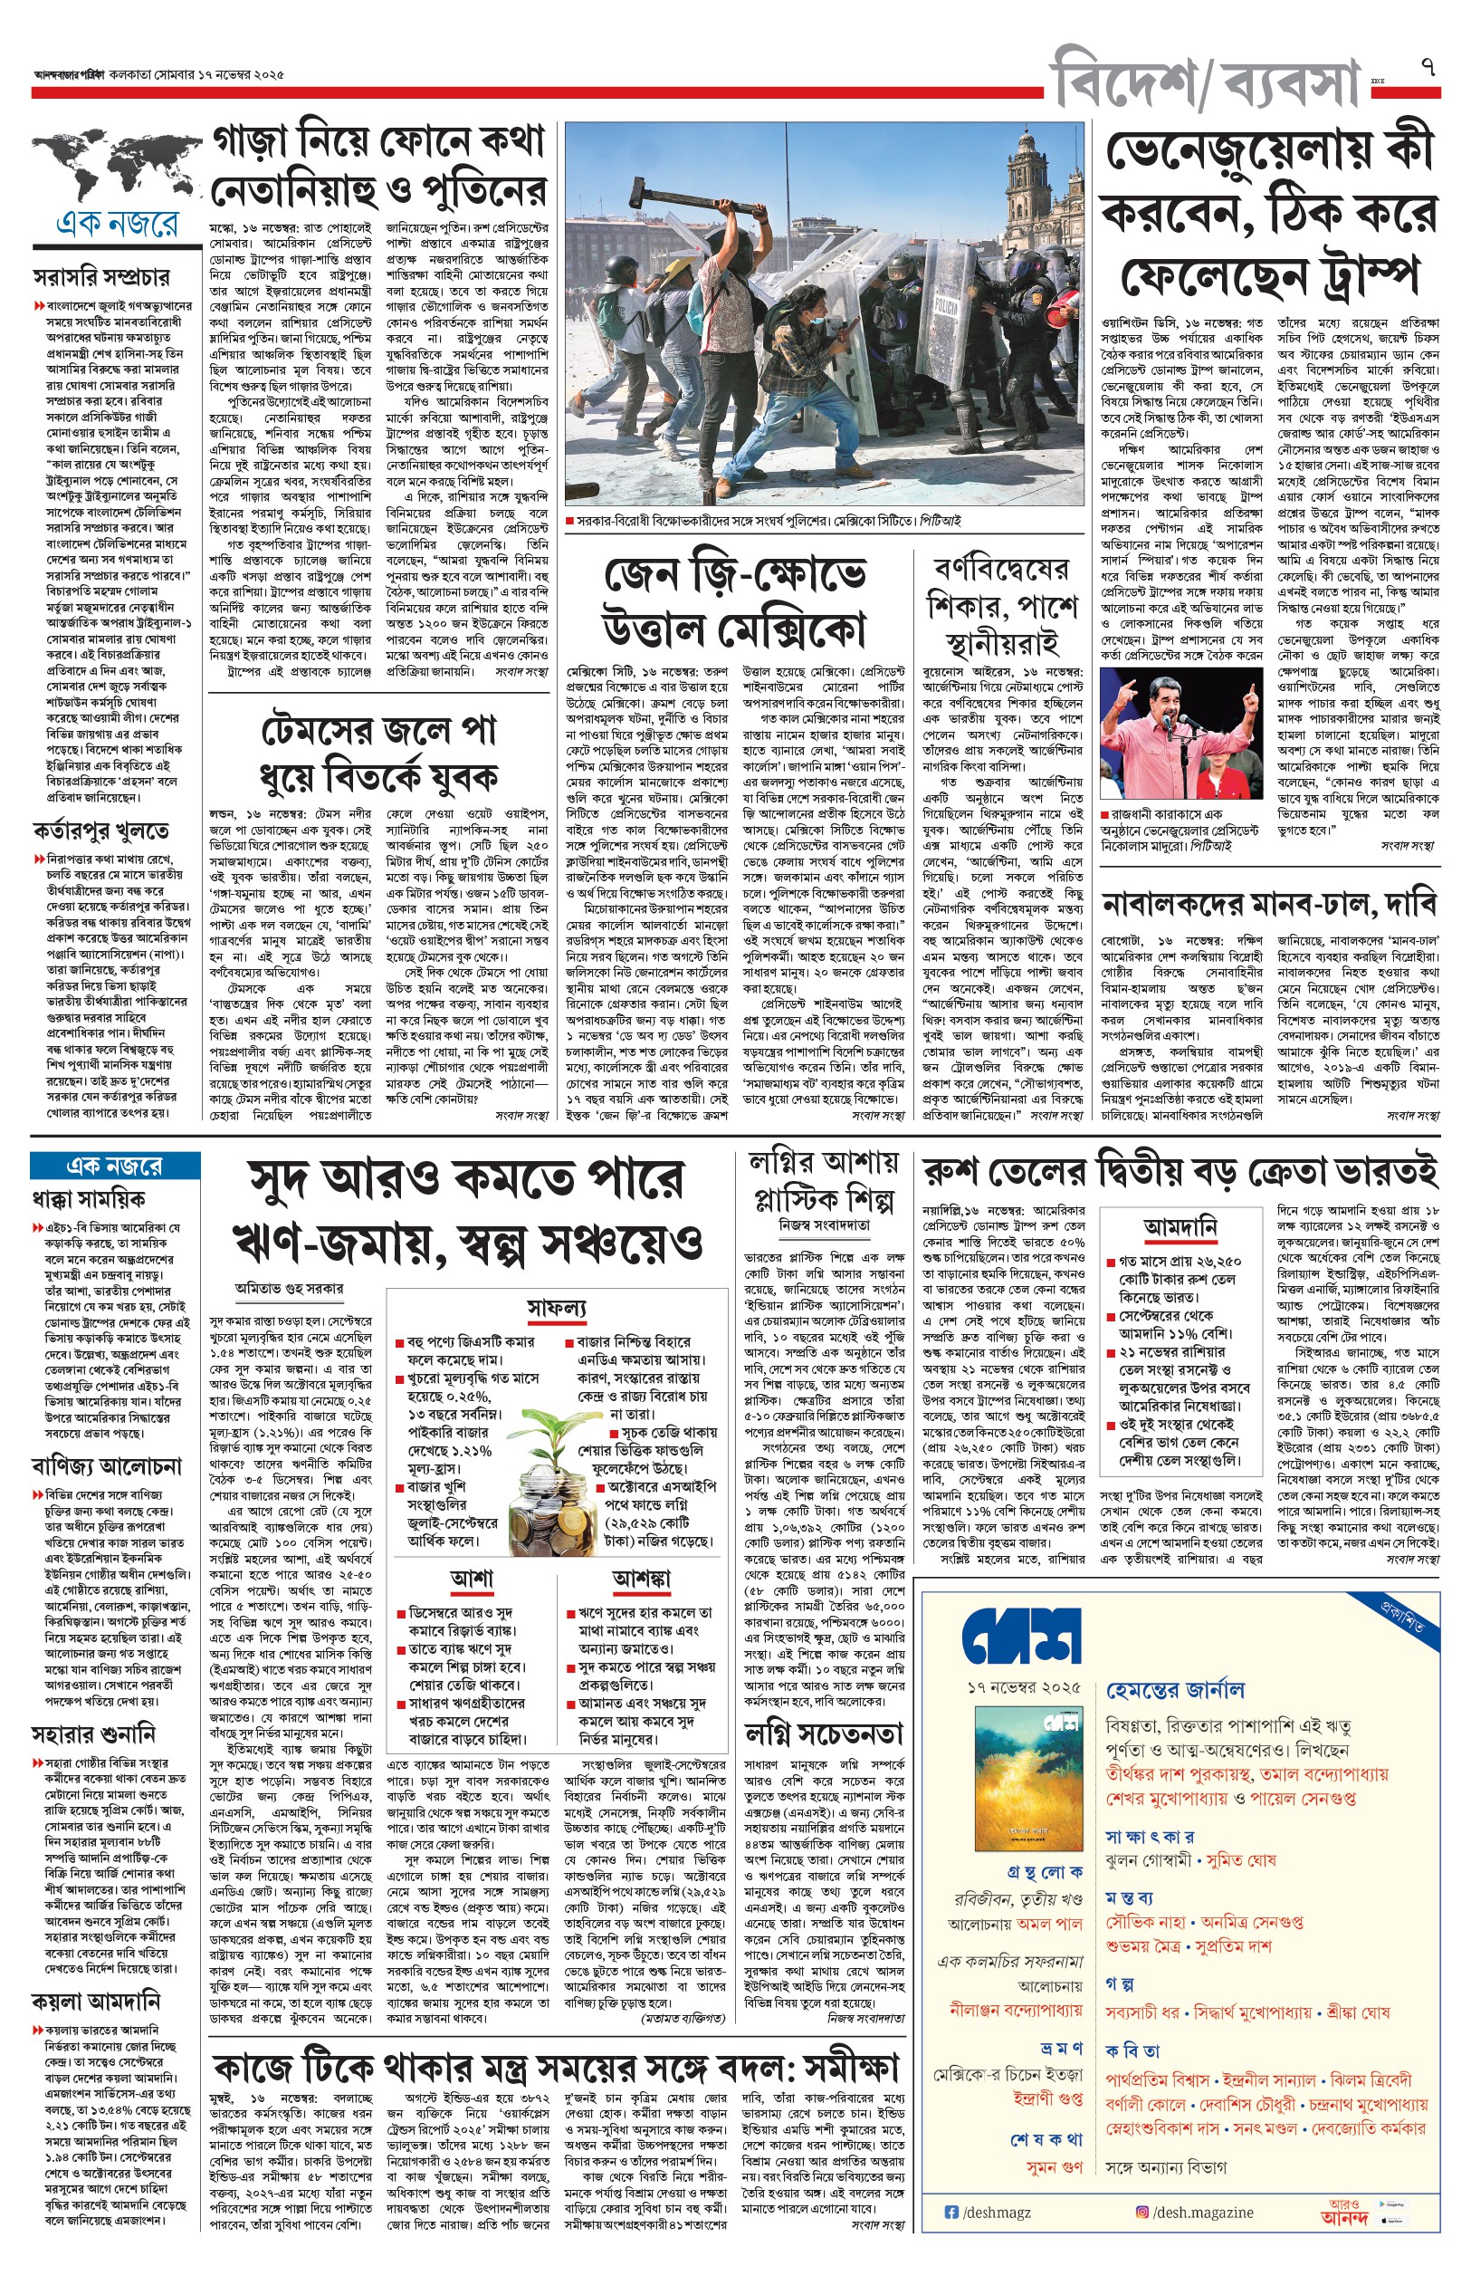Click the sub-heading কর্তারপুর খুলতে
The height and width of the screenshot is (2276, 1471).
click(101, 829)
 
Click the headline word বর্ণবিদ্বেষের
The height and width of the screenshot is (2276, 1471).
click(1001, 571)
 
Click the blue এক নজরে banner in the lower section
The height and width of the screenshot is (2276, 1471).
click(115, 1166)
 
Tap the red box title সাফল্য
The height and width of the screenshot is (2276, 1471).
click(557, 1307)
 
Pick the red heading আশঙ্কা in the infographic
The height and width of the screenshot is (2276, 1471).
click(641, 1578)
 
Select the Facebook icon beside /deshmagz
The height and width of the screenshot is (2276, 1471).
click(950, 2212)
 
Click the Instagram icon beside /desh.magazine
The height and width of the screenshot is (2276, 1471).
click(1142, 2212)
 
